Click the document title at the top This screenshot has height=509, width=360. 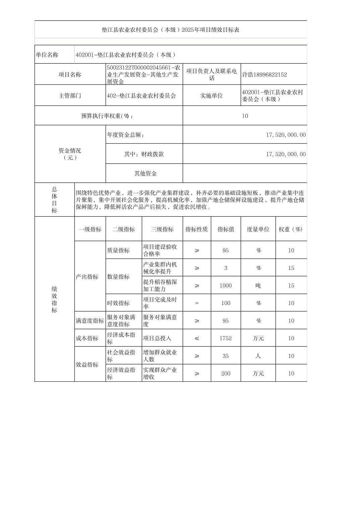pyautogui.click(x=170, y=30)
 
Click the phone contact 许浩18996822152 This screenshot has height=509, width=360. pyautogui.click(x=264, y=75)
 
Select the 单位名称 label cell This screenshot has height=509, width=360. pyautogui.click(x=47, y=55)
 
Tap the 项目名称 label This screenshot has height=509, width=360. pyautogui.click(x=70, y=75)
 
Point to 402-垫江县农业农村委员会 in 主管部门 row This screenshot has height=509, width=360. pyautogui.click(x=141, y=96)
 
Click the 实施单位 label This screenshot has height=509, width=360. pyautogui.click(x=212, y=96)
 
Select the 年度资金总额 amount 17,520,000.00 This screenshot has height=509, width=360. pyautogui.click(x=286, y=135)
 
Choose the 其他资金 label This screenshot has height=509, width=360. pyautogui.click(x=145, y=173)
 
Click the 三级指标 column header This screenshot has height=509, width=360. pyautogui.click(x=162, y=229)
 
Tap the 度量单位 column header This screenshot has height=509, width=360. pyautogui.click(x=258, y=229)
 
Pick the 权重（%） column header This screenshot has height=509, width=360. pyautogui.click(x=291, y=229)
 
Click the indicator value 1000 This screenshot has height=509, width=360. pyautogui.click(x=226, y=286)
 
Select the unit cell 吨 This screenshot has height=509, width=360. pyautogui.click(x=258, y=286)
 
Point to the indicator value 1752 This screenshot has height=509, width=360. pyautogui.click(x=226, y=338)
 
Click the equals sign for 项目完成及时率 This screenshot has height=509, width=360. pyautogui.click(x=197, y=303)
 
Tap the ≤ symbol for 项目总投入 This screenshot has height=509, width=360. pyautogui.click(x=197, y=338)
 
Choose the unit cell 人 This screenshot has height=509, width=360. pyautogui.click(x=258, y=356)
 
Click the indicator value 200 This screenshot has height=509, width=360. pyautogui.click(x=226, y=373)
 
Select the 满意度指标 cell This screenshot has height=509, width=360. pyautogui.click(x=90, y=321)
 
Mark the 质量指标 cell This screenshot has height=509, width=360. pyautogui.click(x=118, y=250)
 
